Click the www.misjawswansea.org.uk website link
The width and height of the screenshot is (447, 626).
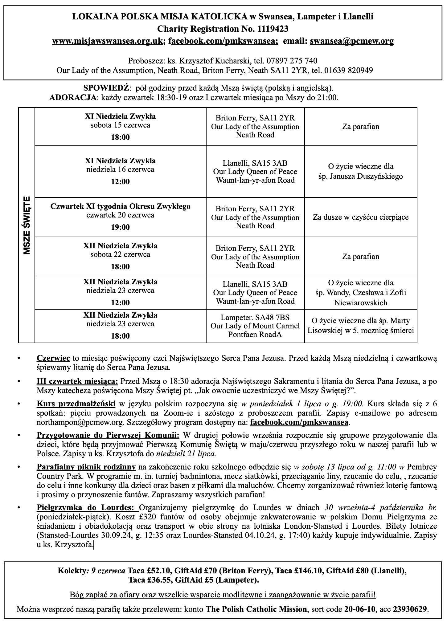pos(107,41)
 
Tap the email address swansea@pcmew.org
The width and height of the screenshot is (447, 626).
pos(352,41)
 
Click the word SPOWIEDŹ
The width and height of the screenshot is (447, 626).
pos(106,88)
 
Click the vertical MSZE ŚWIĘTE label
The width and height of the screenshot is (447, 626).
pos(27,225)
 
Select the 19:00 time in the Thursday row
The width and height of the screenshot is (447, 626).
pos(120,227)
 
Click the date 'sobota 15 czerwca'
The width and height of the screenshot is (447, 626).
pos(120,125)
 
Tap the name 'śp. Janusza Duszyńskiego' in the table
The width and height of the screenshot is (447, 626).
pos(361,177)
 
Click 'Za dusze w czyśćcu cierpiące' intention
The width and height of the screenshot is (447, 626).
pos(361,217)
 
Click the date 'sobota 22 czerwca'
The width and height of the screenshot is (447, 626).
pos(120,255)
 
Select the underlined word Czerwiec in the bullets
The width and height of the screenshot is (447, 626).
pos(53,358)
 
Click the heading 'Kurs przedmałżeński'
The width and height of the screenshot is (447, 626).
pos(76,404)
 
